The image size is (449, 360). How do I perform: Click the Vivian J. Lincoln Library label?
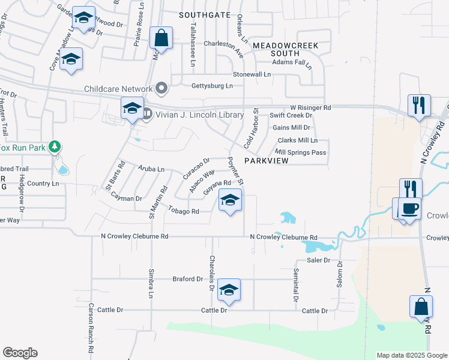coord(200,115)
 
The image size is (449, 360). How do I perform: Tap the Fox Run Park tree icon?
coord(55,146)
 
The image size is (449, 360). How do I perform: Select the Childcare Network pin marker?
coord(161,89)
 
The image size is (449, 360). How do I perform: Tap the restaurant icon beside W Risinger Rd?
coord(419,106)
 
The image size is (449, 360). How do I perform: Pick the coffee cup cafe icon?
coord(409,209)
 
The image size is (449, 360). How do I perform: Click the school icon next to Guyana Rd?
coord(229,200)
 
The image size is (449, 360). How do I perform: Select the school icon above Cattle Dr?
coord(228,290)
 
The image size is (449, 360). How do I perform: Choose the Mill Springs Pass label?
coord(301,152)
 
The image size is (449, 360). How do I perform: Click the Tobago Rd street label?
coord(184,211)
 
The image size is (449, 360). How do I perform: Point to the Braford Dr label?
coord(188,279)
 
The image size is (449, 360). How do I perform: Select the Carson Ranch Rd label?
coord(91,335)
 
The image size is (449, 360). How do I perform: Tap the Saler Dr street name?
coord(319,260)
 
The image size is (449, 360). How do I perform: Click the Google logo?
coord(20,353)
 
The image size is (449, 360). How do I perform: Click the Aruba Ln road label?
coord(151,169)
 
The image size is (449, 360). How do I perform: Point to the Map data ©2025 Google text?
coord(411,355)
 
